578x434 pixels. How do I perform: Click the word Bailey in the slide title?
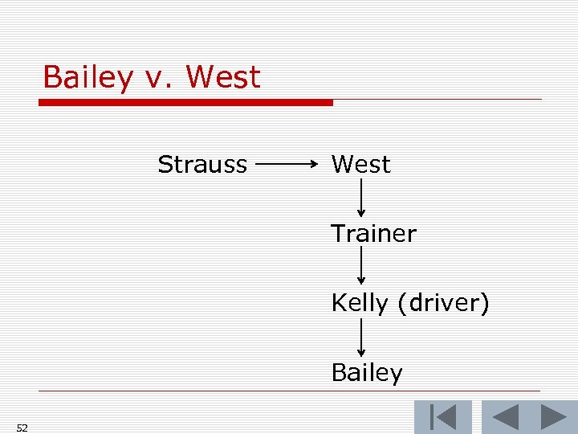coord(88,78)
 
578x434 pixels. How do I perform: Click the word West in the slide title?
coord(223,77)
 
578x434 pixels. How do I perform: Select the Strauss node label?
coord(202,165)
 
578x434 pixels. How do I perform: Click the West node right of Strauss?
coord(360,165)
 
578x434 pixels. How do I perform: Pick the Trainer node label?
coord(374,234)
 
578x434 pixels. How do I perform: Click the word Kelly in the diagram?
coord(356,305)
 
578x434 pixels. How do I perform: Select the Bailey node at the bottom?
coord(367,373)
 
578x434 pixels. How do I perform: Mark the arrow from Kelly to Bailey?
coord(361,337)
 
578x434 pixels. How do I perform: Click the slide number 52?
coord(22,428)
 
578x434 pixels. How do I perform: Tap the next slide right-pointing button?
coord(553,417)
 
